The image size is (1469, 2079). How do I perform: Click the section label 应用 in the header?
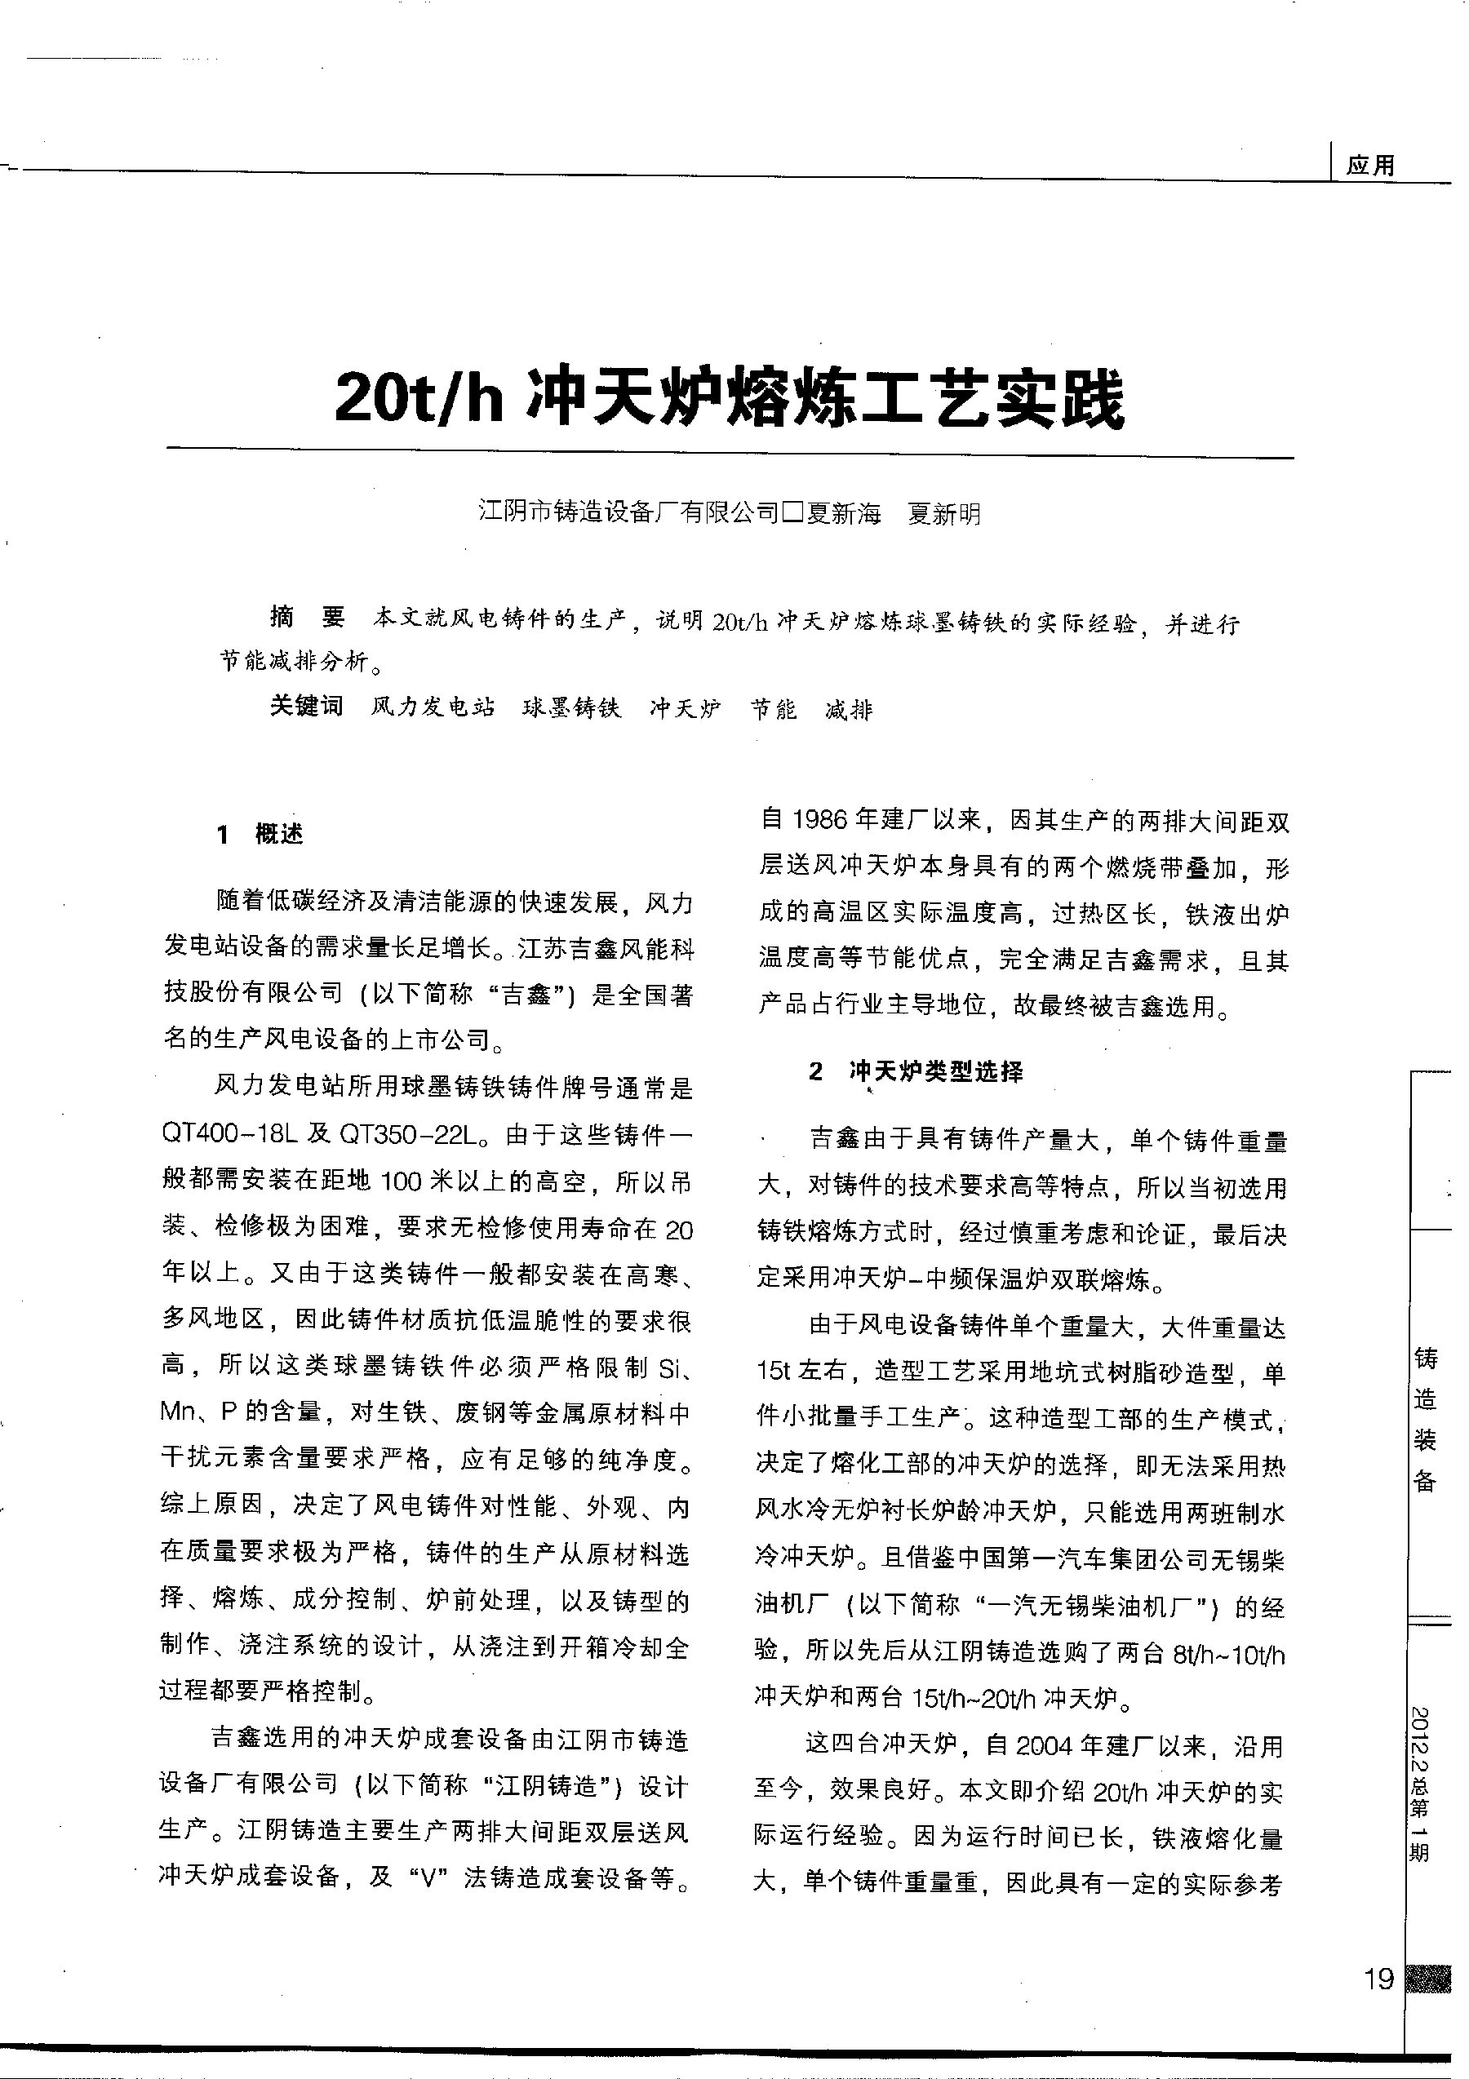click(x=1370, y=166)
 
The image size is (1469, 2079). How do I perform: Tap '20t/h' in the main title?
click(x=419, y=398)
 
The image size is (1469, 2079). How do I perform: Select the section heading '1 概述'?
click(x=260, y=834)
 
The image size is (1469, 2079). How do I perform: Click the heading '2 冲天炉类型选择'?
click(x=916, y=1072)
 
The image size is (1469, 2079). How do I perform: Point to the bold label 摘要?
click(x=308, y=618)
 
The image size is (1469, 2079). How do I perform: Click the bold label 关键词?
click(x=306, y=707)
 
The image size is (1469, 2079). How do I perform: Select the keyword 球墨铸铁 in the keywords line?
click(x=571, y=708)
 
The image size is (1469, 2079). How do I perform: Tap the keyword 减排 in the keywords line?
click(x=849, y=710)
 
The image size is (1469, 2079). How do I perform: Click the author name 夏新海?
click(x=844, y=514)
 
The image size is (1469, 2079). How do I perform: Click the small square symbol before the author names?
click(x=793, y=514)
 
